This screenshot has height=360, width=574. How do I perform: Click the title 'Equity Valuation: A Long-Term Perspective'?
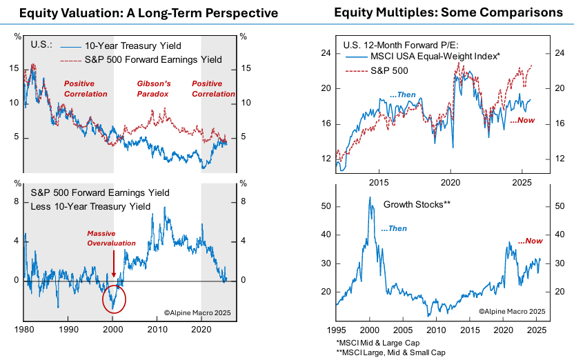(x=143, y=12)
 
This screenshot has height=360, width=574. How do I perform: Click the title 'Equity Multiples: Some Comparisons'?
(x=448, y=12)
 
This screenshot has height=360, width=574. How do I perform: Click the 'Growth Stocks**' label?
(x=417, y=205)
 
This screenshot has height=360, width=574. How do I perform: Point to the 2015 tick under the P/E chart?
(x=379, y=183)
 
